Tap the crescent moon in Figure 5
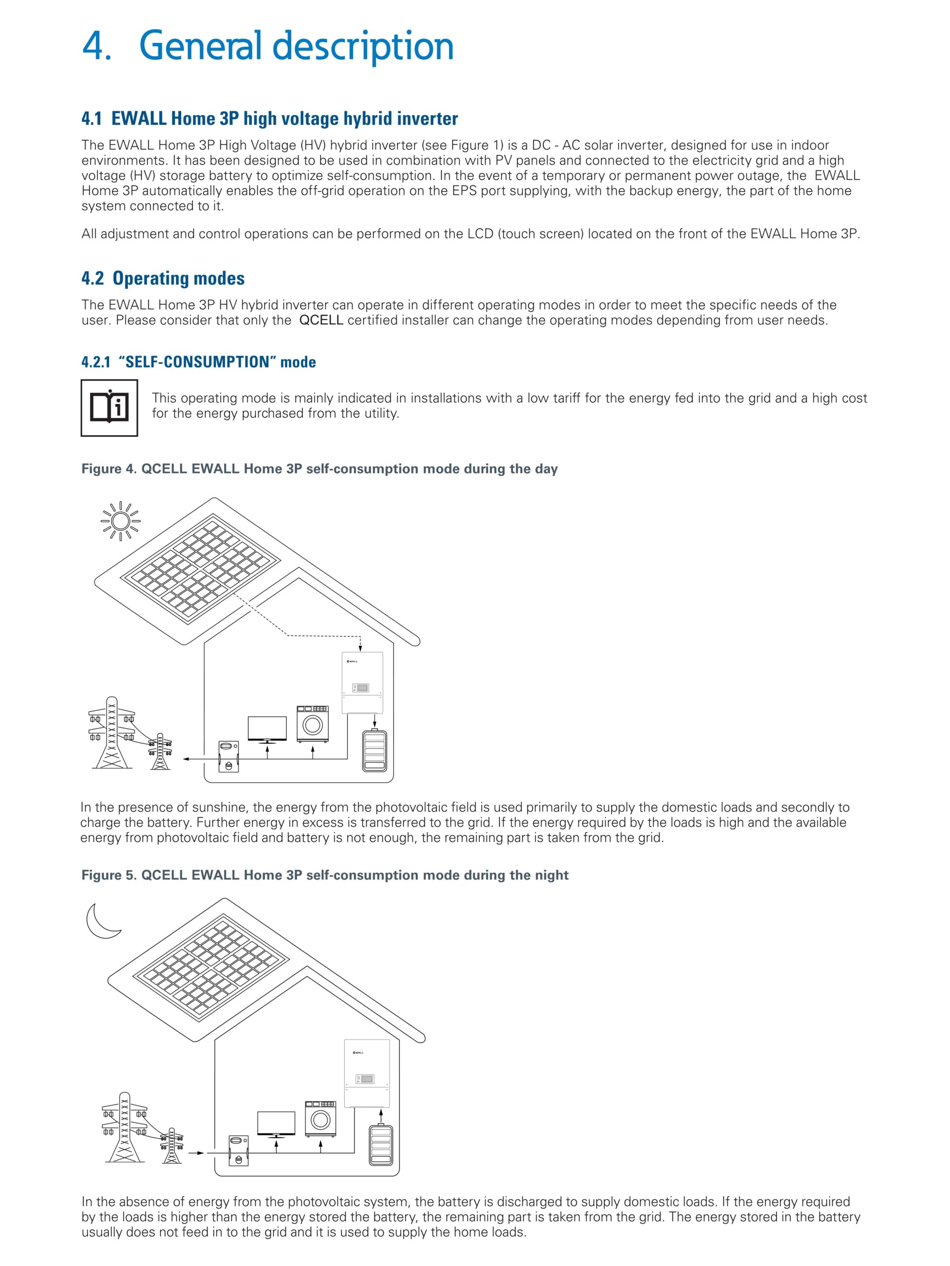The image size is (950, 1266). click(101, 920)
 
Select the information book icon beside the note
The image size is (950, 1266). click(109, 407)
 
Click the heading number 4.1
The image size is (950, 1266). click(91, 119)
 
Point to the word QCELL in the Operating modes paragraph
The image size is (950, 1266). click(321, 320)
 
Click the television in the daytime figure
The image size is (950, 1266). click(267, 729)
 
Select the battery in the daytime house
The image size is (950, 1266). click(375, 750)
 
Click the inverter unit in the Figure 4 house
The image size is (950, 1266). click(362, 683)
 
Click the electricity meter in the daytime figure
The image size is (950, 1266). click(229, 756)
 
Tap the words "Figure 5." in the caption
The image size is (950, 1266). click(109, 875)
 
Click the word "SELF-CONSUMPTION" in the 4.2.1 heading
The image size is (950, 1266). click(194, 362)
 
